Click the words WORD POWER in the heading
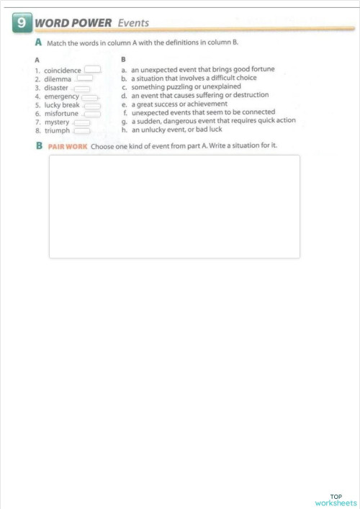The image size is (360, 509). (73, 23)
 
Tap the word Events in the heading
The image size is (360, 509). (133, 23)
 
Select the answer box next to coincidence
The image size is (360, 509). (92, 70)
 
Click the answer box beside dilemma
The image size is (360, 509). (85, 78)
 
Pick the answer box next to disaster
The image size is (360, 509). (81, 88)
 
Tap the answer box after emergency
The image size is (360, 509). (89, 96)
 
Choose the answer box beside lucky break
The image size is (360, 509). (91, 105)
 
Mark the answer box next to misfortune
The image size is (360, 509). (91, 114)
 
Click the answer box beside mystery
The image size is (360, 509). (81, 122)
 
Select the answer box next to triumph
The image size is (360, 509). (81, 131)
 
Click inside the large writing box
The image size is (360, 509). (174, 206)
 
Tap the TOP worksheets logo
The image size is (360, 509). (336, 500)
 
